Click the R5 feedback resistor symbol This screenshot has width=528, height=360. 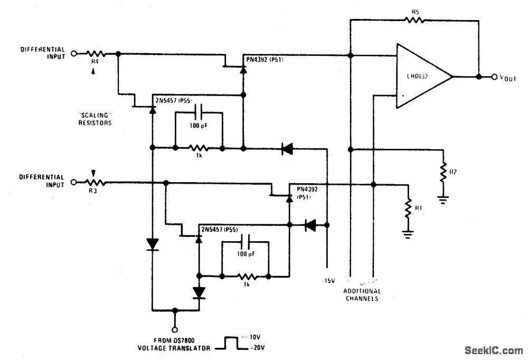click(x=414, y=20)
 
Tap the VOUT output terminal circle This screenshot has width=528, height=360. click(x=495, y=77)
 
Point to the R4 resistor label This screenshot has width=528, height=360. click(x=95, y=62)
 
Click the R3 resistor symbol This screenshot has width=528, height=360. click(x=97, y=182)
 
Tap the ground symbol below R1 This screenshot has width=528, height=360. click(x=408, y=233)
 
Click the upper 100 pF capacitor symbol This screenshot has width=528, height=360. click(x=199, y=111)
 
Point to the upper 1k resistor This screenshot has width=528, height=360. click(x=199, y=149)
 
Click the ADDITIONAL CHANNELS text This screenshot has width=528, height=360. click(x=362, y=295)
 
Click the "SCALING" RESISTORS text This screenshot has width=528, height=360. click(x=96, y=118)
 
